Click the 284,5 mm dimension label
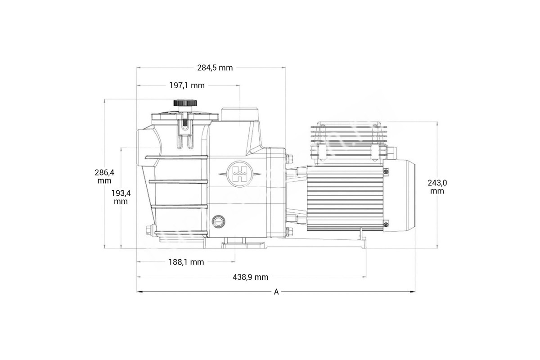[x=215, y=68]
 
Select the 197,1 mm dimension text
[x=187, y=85]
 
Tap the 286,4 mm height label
[x=104, y=176]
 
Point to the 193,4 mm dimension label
[x=121, y=197]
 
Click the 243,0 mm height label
[x=437, y=187]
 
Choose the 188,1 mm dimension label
[x=186, y=262]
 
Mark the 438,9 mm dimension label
[x=250, y=277]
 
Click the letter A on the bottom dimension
[x=276, y=292]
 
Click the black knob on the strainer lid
[x=185, y=103]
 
